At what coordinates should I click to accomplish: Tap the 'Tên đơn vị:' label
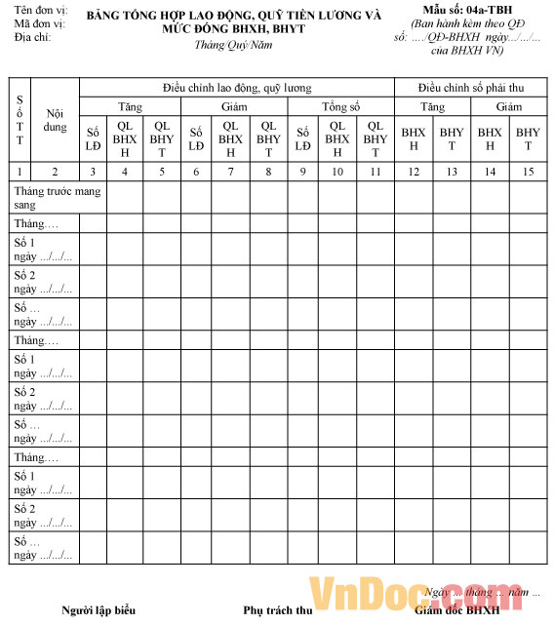point(33,10)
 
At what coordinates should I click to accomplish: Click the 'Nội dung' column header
point(56,120)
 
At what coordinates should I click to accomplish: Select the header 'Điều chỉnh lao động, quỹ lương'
point(237,88)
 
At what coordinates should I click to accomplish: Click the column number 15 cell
point(528,172)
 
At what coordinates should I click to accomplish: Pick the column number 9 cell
point(303,172)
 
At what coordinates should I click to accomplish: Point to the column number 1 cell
point(20,172)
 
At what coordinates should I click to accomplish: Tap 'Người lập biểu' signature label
point(98,610)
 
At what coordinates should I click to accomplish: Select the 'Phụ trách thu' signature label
point(277,610)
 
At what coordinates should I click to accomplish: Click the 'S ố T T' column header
point(20,119)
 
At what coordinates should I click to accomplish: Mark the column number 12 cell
point(414,172)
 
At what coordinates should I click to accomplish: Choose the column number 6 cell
point(196,172)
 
